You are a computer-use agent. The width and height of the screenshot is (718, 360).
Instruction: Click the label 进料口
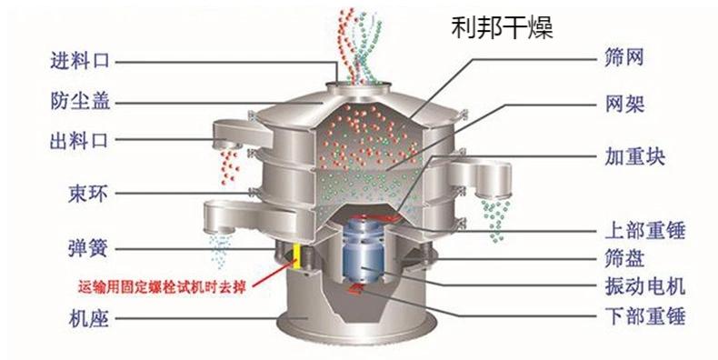pos(80,62)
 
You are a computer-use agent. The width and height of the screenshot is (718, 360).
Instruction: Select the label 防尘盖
pos(80,101)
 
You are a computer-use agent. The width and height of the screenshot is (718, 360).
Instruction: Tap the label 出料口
pos(80,140)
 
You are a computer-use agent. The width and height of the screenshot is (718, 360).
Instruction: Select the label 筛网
pos(624,60)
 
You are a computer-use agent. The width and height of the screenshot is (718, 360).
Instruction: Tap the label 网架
pos(624,102)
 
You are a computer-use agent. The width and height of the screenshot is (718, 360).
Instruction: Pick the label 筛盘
pos(624,258)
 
